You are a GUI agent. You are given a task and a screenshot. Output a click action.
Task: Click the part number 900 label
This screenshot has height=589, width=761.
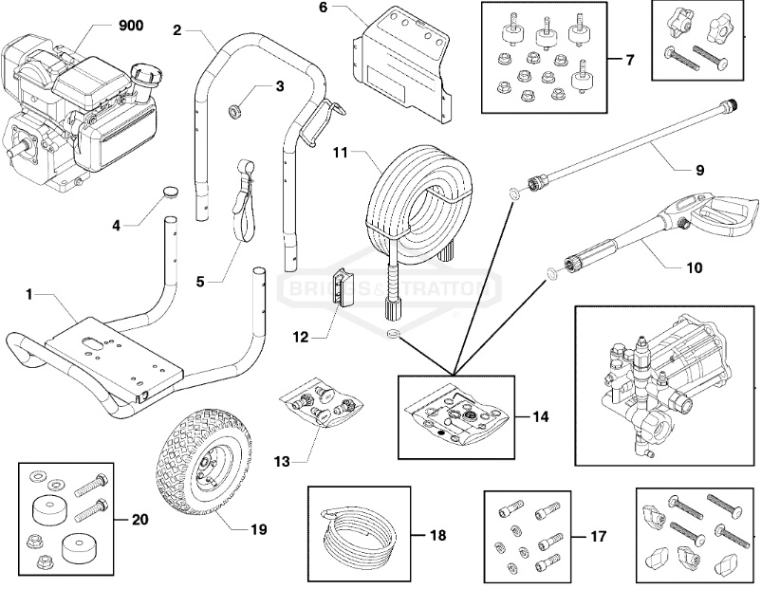tap(130, 26)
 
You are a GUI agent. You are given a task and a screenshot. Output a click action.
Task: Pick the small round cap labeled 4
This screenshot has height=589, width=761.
tap(170, 191)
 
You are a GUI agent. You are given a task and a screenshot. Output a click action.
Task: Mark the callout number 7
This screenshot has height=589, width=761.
tap(629, 59)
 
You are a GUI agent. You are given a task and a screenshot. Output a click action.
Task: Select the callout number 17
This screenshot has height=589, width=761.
tap(597, 537)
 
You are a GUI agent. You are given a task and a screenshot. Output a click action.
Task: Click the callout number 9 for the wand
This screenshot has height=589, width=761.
tap(698, 171)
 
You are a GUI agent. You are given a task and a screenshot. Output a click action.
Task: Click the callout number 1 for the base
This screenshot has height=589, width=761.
tap(30, 296)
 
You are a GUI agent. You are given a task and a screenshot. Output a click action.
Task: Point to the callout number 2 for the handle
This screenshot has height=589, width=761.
tap(177, 29)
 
